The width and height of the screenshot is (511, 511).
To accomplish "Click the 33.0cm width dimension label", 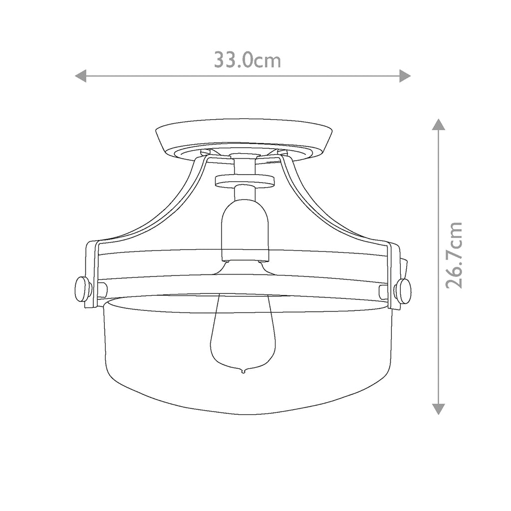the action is (x=248, y=60).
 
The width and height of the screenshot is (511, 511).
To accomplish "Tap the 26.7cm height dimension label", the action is (x=454, y=255).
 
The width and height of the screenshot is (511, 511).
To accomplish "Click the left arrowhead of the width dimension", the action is (x=80, y=76).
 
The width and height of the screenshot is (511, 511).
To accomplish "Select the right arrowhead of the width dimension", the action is (x=405, y=76).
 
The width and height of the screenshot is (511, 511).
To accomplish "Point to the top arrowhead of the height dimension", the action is (x=438, y=124).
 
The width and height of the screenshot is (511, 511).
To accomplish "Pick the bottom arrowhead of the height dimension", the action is (x=438, y=409).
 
